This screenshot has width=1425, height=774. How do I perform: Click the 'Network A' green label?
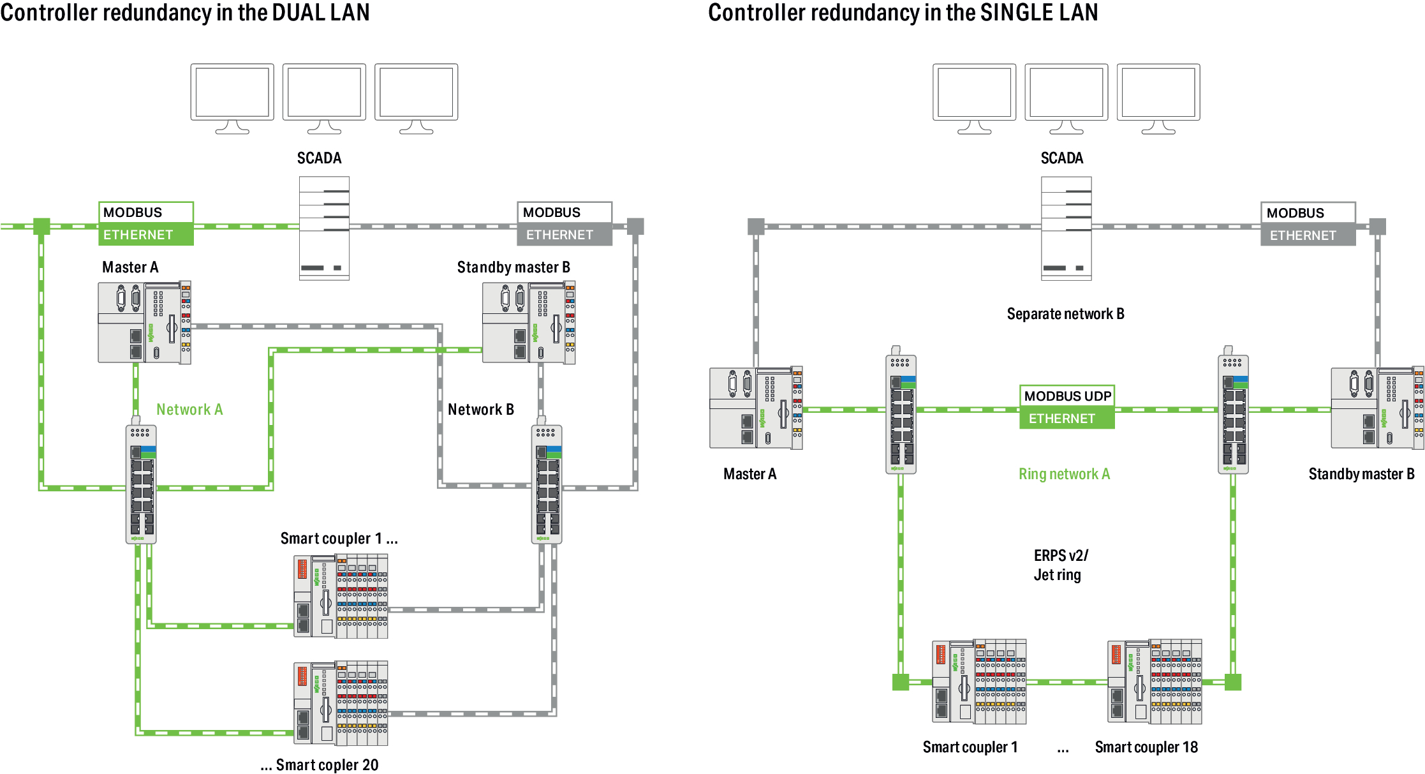189,410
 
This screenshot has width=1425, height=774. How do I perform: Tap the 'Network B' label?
480,410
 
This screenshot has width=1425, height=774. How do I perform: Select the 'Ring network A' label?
1064,474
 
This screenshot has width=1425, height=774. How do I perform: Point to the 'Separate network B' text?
1065,314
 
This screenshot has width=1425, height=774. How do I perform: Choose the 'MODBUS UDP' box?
1067,396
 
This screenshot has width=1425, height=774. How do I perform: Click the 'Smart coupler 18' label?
1146,747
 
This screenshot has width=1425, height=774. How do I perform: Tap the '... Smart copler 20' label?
320,765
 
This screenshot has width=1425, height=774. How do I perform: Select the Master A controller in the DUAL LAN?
144,322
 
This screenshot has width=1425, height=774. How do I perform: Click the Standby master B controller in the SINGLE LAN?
1377,408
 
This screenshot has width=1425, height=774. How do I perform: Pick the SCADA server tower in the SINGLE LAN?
1066,228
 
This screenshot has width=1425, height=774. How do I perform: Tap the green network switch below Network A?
141,483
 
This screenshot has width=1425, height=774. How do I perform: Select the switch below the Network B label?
547,483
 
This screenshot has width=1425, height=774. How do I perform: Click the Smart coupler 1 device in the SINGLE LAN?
979,681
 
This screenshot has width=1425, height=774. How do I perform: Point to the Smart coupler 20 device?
341,703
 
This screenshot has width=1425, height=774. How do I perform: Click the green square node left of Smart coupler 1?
900,682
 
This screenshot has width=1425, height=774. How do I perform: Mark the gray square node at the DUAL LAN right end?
635,227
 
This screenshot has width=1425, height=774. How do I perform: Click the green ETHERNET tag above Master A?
146,235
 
